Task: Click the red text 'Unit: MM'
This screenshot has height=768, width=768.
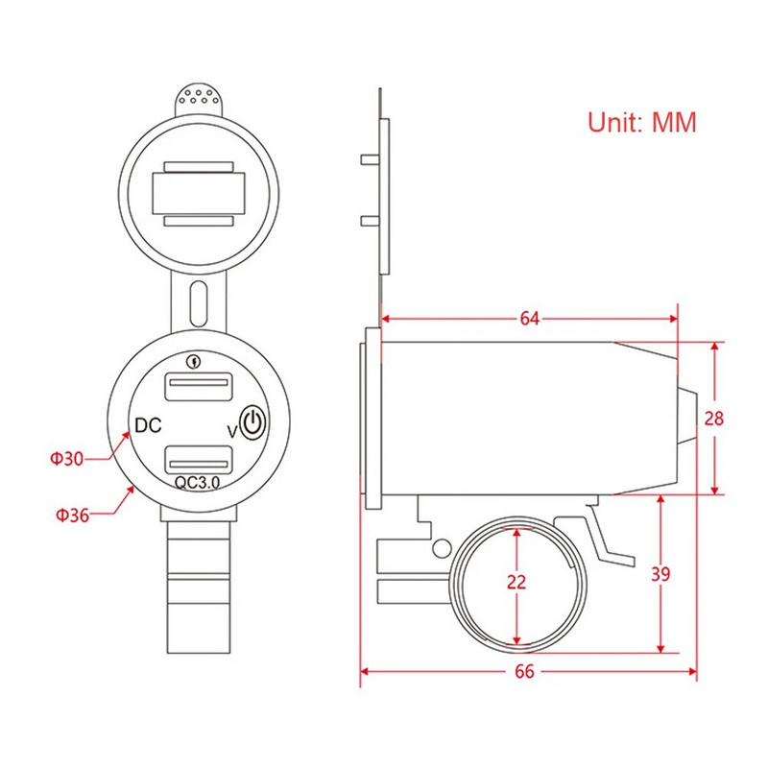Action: click(640, 123)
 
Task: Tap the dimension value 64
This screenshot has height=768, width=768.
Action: click(530, 319)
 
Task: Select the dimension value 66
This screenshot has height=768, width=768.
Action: click(524, 671)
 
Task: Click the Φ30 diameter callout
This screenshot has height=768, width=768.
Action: click(66, 459)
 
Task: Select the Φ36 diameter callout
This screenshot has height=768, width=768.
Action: click(72, 515)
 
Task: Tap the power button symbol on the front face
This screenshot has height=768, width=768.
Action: click(251, 423)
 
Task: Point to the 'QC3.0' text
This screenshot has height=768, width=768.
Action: click(198, 484)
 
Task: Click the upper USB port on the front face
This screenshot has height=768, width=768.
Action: click(200, 388)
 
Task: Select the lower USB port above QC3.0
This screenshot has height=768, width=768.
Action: click(200, 459)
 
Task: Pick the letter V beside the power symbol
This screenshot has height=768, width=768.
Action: click(230, 432)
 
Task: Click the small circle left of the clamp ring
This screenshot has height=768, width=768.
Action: click(442, 547)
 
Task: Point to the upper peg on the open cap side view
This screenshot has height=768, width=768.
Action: click(369, 159)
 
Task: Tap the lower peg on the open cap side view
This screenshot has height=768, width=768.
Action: click(369, 221)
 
